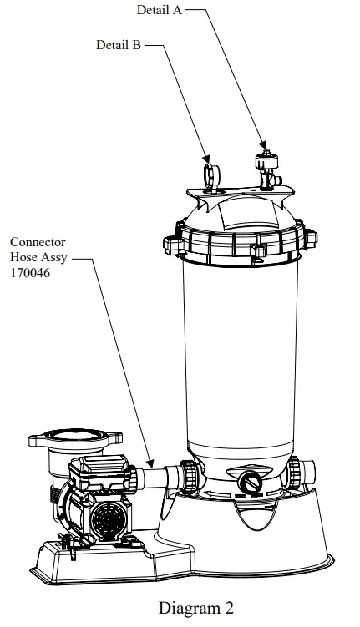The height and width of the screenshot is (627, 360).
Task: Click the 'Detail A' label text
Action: point(160,11)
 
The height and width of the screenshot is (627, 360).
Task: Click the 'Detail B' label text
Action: point(118,46)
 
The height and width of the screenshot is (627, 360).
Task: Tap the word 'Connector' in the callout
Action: point(38,243)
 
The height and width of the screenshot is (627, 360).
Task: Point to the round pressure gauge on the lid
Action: point(209,173)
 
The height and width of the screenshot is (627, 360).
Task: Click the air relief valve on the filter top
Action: point(266,167)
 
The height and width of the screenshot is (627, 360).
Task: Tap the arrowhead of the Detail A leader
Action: point(266,145)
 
